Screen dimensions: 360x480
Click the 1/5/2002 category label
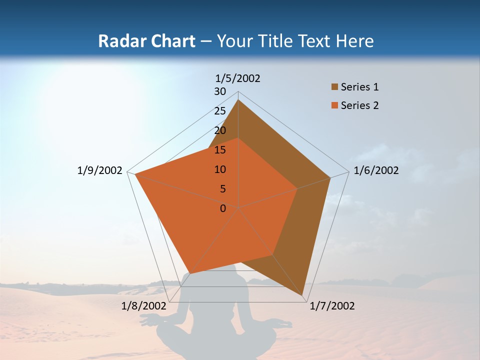(238, 78)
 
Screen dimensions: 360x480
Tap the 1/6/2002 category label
(376, 170)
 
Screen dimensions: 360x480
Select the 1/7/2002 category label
(332, 306)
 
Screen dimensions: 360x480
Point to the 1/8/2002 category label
(143, 306)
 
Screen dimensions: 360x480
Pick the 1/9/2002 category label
(100, 170)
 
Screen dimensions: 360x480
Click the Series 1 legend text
(359, 87)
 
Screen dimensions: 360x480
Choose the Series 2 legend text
(359, 105)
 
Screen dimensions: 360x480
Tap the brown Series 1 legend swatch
(334, 87)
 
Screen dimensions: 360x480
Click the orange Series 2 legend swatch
(334, 105)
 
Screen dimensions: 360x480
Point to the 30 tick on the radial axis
(220, 91)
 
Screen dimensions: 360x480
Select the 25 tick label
(220, 111)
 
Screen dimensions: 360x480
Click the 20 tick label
(220, 130)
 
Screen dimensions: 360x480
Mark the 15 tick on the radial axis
(220, 150)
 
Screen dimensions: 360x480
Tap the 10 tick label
(220, 169)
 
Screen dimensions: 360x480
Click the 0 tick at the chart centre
(223, 208)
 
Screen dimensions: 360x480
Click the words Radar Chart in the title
(146, 41)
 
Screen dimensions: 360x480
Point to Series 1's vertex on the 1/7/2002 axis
(302, 296)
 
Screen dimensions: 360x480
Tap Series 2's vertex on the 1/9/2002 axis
(135, 174)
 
